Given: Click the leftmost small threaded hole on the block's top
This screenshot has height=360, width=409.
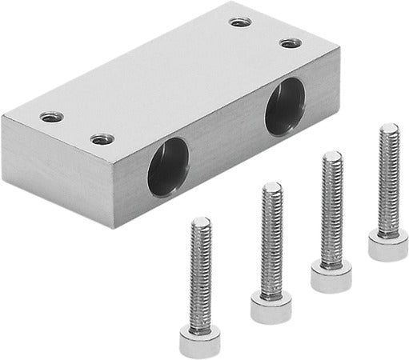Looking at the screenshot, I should [51, 116].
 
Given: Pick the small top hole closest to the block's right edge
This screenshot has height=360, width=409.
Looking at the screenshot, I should [289, 42].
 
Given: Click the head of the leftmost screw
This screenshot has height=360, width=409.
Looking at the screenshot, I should [199, 342].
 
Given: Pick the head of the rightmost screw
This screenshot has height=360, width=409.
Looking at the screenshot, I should [388, 245].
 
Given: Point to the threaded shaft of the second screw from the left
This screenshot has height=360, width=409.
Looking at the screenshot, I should [271, 240].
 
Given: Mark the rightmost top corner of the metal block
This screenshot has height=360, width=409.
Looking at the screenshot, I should [339, 49].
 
